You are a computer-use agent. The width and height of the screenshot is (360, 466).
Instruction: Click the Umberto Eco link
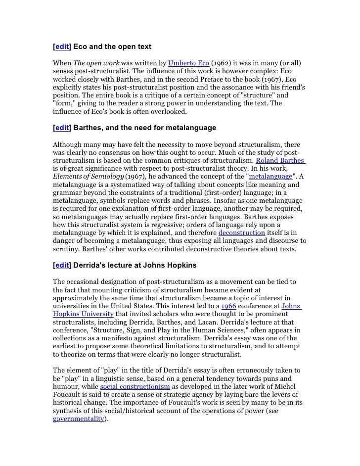point(188,64)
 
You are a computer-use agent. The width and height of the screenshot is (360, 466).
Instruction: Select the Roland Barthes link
point(280,161)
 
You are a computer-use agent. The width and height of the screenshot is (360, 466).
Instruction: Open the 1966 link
point(228,306)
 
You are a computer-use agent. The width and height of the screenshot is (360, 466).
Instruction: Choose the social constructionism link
point(135,386)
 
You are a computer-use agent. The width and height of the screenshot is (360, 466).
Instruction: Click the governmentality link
point(78,418)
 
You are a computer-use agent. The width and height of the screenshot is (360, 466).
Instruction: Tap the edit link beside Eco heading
point(62,47)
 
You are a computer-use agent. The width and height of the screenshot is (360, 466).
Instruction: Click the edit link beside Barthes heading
point(62,128)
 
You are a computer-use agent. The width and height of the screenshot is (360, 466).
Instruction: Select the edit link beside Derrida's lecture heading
point(62,265)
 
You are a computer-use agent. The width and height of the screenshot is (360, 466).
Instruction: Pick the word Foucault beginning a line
point(68,394)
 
